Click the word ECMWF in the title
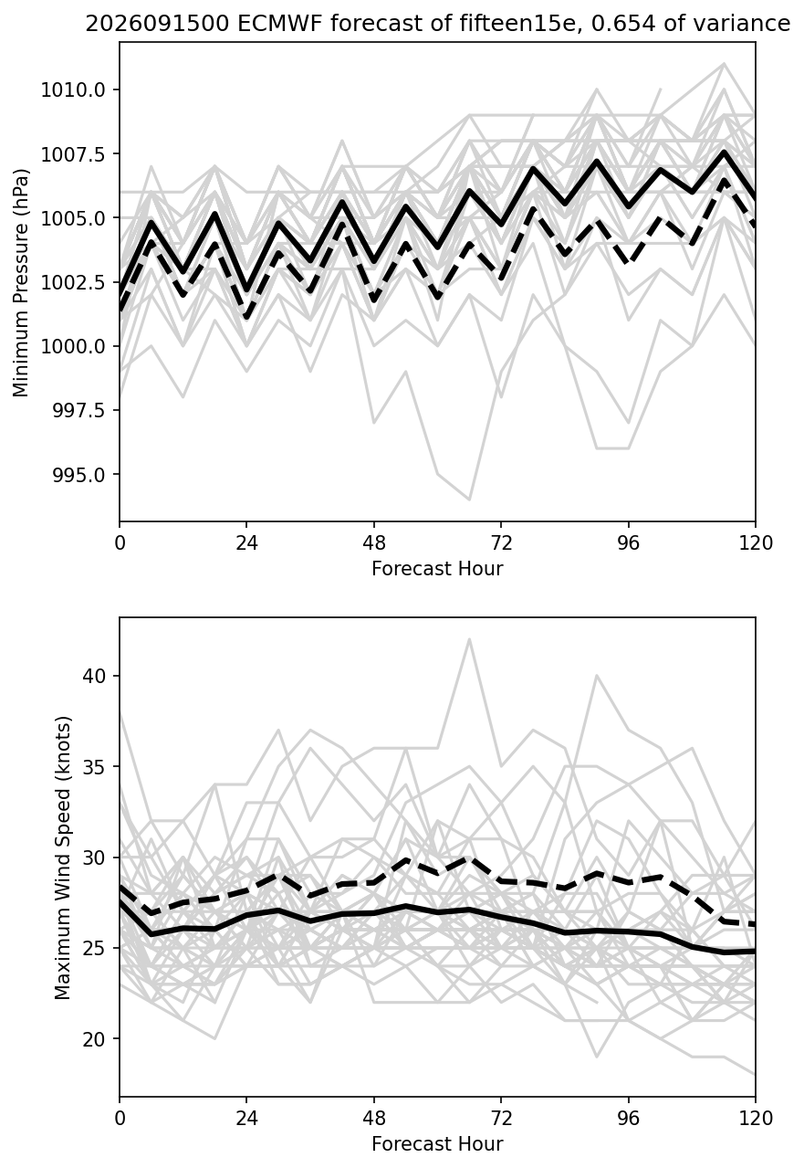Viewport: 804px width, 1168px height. [280, 24]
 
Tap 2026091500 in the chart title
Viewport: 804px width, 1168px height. [157, 24]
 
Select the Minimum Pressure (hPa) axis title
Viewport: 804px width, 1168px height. [21, 282]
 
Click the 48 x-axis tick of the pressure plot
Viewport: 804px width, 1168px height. [374, 543]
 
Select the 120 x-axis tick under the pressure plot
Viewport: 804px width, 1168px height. [756, 543]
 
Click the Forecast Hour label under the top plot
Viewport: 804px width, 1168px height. [437, 568]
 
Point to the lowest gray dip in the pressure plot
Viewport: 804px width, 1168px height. [469, 500]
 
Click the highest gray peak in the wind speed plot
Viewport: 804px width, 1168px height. [469, 639]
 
